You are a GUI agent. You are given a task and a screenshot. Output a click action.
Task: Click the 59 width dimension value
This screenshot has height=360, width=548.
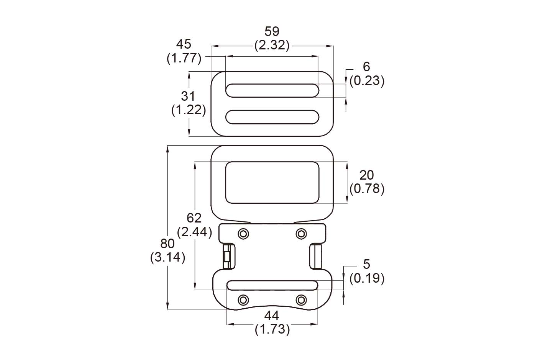(272, 31)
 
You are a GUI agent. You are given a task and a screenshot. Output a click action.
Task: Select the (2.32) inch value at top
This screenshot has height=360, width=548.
(272, 46)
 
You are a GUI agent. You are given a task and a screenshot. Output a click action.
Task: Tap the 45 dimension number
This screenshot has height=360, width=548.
(184, 44)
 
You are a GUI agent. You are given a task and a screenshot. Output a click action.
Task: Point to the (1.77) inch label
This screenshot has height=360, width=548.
(184, 58)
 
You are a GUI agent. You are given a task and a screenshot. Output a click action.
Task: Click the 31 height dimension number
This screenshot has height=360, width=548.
(188, 96)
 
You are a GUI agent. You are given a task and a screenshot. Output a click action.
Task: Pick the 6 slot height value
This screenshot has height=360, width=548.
(366, 67)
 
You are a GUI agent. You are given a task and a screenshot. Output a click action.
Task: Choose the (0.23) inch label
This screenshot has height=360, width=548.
(367, 81)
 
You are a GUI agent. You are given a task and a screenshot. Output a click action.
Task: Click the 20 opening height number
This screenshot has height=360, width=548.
(366, 175)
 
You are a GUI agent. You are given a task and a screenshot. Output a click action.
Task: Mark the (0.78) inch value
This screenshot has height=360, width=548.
(367, 189)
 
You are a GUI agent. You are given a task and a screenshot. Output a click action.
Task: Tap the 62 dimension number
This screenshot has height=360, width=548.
(194, 218)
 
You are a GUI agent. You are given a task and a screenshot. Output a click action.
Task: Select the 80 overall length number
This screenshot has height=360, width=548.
(167, 244)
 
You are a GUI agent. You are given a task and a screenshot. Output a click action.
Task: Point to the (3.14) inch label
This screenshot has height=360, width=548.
(168, 257)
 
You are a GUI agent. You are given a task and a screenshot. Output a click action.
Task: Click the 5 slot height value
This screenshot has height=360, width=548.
(366, 264)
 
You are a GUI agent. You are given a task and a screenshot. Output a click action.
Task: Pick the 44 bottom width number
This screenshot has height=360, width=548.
(272, 316)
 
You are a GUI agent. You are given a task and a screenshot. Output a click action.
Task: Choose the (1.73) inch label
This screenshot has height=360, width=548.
(272, 329)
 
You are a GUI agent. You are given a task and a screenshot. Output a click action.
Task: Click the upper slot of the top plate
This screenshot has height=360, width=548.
(272, 90)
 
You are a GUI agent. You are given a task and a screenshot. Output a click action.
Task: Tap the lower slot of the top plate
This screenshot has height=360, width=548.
(272, 117)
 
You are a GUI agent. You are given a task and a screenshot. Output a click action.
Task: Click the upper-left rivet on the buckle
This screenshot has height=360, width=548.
(243, 233)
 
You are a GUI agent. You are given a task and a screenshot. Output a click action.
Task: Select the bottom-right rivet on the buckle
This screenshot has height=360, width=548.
(301, 299)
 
